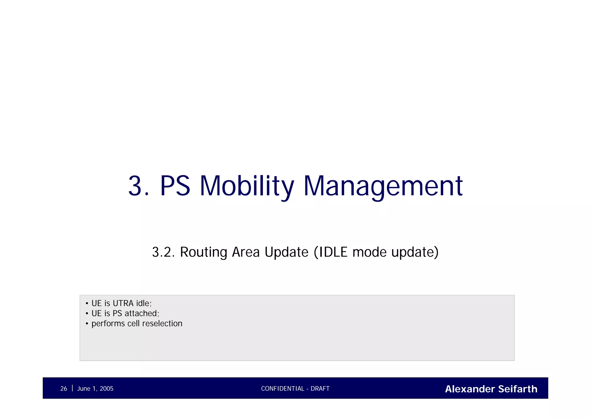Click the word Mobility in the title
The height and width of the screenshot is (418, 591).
[247, 186]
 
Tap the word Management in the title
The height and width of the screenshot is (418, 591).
[383, 186]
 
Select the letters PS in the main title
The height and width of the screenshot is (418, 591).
[175, 186]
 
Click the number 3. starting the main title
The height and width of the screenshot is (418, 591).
[139, 186]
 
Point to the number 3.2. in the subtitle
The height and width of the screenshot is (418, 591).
[163, 252]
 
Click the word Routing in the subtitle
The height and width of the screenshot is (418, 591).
[204, 252]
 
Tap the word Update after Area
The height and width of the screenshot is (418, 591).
[286, 252]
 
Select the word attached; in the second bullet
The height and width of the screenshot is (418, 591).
[142, 313]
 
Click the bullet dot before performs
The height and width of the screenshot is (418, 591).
[87, 324]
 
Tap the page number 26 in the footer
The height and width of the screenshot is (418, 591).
[63, 389]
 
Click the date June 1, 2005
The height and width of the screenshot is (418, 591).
[95, 389]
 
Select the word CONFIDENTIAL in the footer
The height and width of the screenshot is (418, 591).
[283, 389]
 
